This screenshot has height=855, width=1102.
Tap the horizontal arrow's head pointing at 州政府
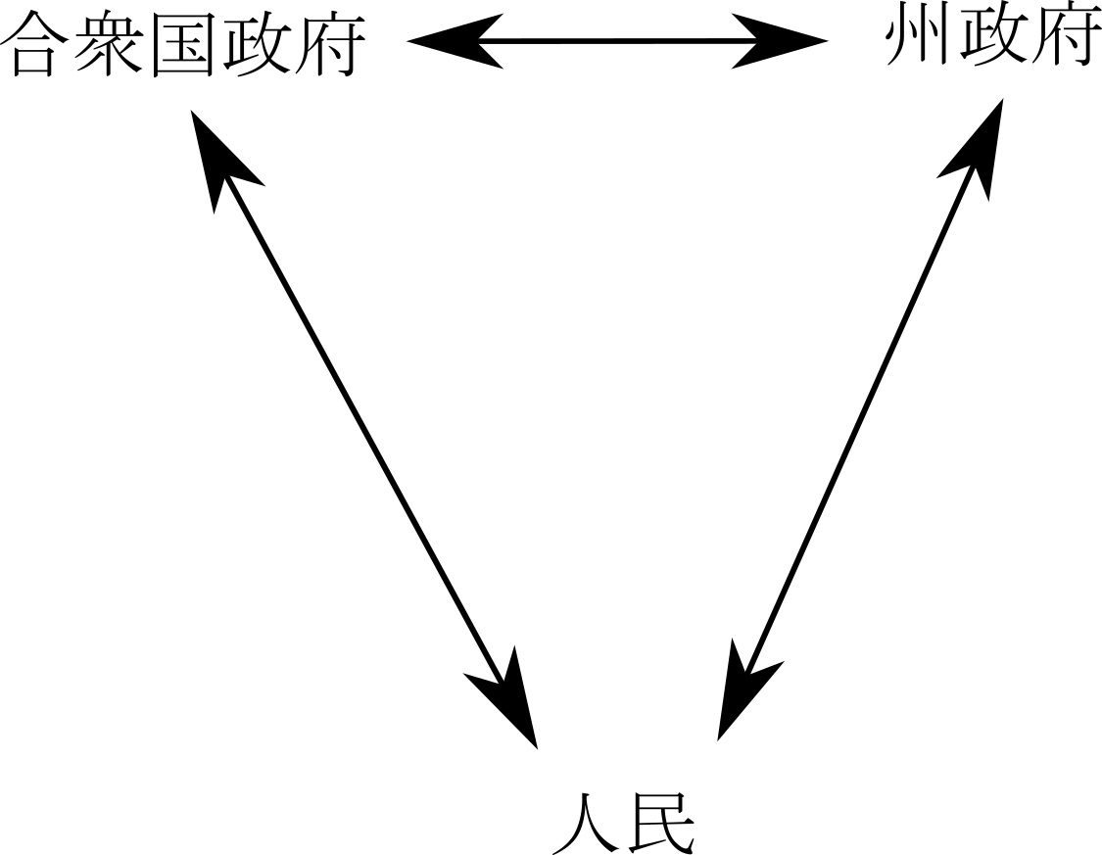pyautogui.click(x=784, y=41)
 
